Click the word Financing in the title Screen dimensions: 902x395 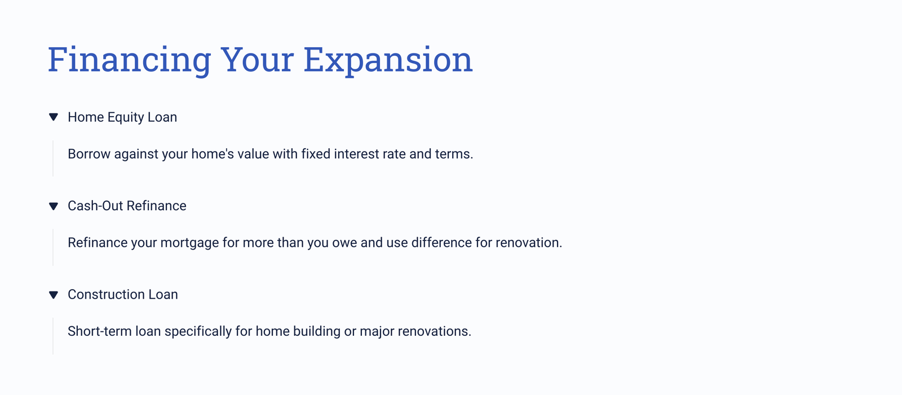coord(129,60)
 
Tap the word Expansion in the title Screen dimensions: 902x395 coord(388,60)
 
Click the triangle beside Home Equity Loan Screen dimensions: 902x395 coord(54,117)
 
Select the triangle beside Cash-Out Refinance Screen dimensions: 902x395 coord(54,206)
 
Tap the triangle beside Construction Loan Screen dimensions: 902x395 coord(54,295)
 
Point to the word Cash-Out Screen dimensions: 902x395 coord(95,206)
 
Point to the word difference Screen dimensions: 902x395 coord(441,242)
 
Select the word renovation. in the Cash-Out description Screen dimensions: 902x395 coord(529,242)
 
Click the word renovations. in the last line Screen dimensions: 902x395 coord(435,331)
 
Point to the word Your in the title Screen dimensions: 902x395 coord(257,60)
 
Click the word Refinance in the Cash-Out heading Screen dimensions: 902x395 coord(156,206)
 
